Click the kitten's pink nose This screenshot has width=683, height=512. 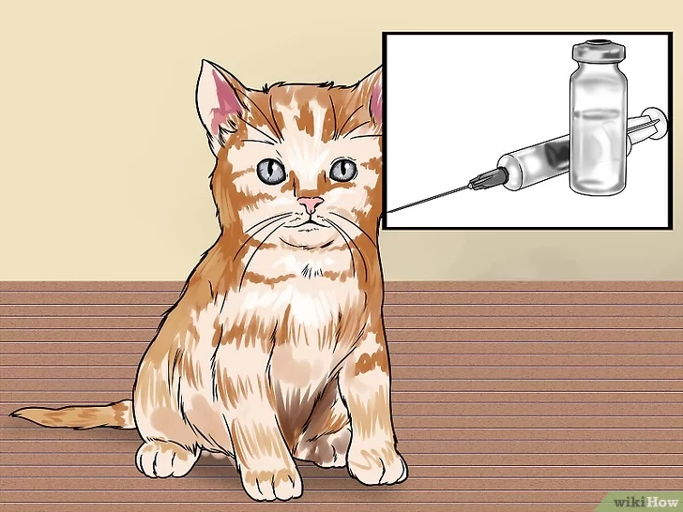tap(311, 203)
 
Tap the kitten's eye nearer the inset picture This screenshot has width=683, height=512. tap(342, 169)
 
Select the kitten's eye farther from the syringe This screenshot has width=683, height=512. tap(270, 171)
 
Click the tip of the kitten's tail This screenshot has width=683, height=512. tap(12, 414)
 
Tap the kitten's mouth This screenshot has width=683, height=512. tap(311, 224)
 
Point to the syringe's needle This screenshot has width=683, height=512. tap(428, 200)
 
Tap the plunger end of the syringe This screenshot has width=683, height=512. tap(653, 123)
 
